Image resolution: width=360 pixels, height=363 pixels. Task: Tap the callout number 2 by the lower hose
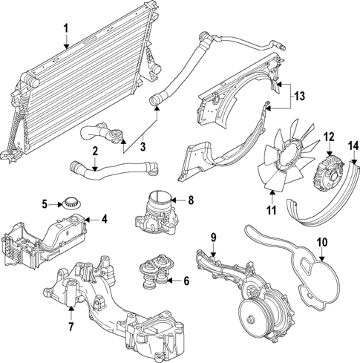[95, 151]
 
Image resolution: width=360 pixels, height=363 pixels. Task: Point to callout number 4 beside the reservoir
[105, 219]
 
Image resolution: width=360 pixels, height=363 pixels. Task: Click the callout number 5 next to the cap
[45, 203]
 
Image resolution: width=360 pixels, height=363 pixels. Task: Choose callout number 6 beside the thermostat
[186, 281]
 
